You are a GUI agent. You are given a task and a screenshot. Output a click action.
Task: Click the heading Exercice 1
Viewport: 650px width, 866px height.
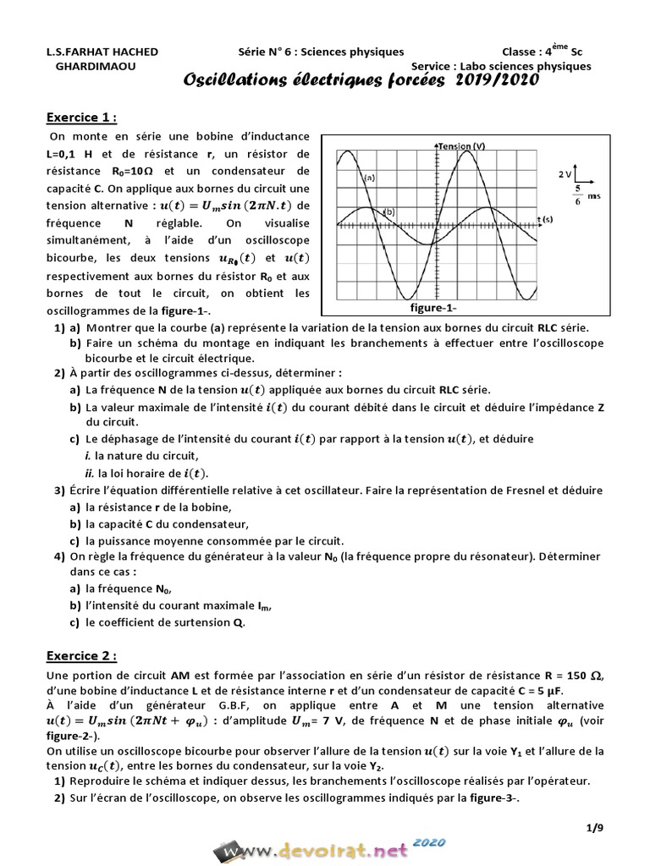coord(80,117)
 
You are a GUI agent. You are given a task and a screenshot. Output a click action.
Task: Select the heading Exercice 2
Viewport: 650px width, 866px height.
coord(80,656)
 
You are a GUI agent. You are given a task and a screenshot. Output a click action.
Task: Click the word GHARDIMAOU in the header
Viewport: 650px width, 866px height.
coord(100,66)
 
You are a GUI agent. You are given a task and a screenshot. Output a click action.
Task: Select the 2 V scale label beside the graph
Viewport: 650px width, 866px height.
coord(565,173)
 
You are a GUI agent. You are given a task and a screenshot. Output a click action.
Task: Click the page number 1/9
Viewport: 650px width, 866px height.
coord(594,828)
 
